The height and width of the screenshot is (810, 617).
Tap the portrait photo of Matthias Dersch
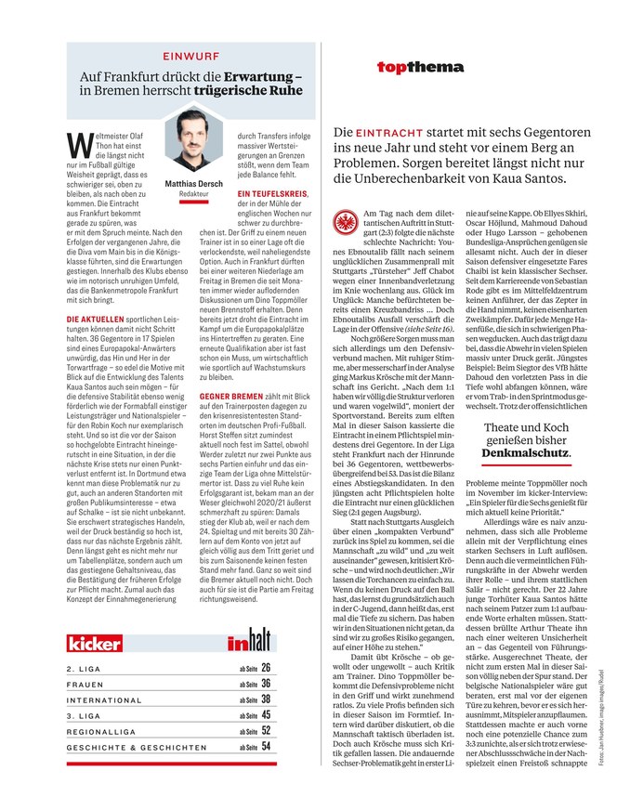coord(193,142)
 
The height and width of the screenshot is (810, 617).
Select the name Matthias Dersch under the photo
coord(193,184)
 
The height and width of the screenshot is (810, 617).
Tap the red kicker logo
coord(97,642)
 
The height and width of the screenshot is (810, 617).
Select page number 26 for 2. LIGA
coord(266,667)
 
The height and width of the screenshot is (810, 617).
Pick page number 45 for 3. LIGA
coord(266,714)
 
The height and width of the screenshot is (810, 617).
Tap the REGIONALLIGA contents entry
coord(103,730)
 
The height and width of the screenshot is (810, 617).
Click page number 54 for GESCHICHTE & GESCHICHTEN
coord(266,745)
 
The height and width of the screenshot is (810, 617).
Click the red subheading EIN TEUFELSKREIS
coord(269,194)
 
